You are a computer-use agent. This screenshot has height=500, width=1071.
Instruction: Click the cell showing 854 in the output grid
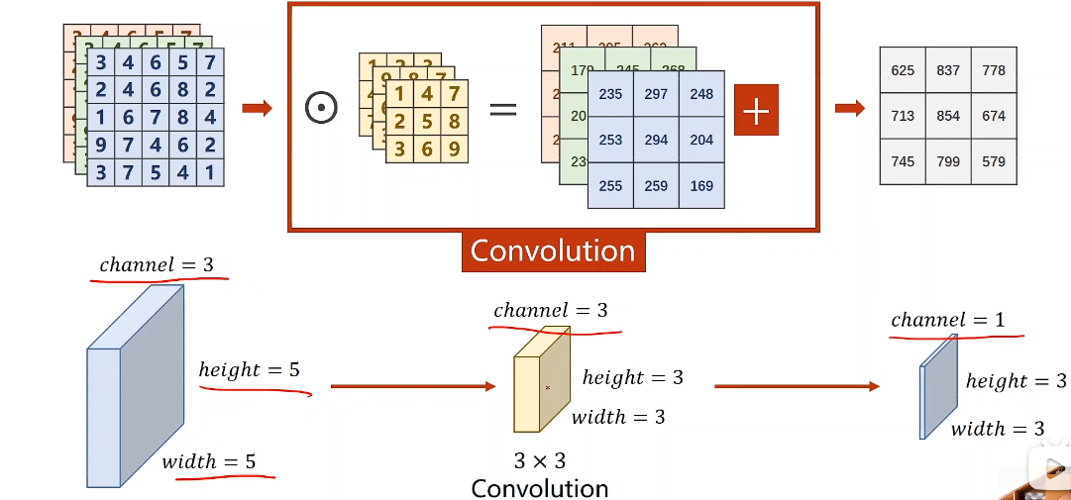coord(948,116)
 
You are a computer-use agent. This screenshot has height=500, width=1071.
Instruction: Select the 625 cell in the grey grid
coord(903,70)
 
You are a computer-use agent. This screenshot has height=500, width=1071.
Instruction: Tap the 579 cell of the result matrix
coord(994,161)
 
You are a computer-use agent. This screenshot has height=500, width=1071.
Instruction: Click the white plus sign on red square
coord(756,110)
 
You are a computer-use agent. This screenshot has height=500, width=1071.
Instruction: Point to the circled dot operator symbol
coord(321,108)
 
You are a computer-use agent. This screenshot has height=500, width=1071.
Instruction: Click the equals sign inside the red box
coord(503,108)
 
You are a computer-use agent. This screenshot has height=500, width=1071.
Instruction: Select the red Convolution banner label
coord(553,251)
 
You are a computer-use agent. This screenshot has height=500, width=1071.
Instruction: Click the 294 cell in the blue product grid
coord(656,140)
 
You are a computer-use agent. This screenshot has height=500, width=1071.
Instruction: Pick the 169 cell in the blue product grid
coord(701,185)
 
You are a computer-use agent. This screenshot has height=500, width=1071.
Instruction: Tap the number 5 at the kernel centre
coord(426,122)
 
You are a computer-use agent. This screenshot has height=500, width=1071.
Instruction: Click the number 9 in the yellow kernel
coord(454,149)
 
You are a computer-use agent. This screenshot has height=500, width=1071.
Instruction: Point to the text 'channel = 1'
coord(955,320)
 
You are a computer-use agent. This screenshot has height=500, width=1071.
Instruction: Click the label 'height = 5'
coord(249,370)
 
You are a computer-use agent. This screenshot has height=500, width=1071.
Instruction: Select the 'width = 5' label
coord(209,461)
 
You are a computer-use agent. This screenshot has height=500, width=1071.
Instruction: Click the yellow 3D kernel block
coord(540,383)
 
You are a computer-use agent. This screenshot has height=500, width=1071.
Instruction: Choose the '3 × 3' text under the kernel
coord(539,460)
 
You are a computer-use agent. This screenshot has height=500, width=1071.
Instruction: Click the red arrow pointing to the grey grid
coord(849,108)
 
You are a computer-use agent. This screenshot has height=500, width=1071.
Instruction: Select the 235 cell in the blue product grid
coord(610,94)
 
